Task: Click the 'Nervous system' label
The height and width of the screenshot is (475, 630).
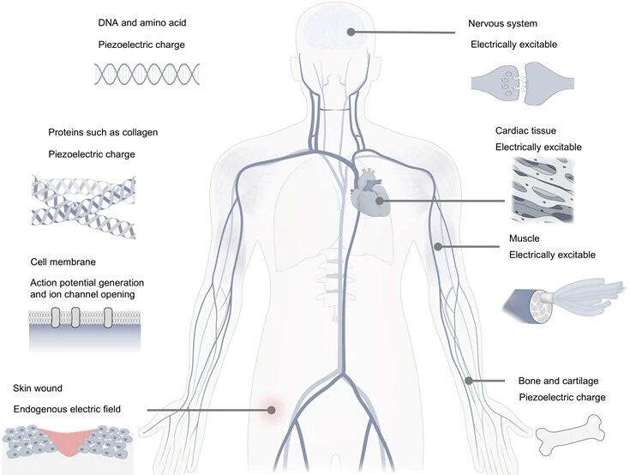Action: click(502, 24)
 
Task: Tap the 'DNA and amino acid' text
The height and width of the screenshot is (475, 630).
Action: click(142, 22)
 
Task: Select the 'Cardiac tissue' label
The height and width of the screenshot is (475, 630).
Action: click(525, 130)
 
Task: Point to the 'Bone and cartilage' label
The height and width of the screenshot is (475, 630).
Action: click(559, 381)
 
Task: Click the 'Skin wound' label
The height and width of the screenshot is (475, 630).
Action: click(38, 388)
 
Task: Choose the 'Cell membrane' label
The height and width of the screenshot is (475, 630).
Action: click(63, 262)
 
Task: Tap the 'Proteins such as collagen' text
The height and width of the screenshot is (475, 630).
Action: click(103, 133)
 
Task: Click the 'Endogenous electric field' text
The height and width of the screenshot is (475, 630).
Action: click(67, 409)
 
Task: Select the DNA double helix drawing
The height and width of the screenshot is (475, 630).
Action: click(147, 74)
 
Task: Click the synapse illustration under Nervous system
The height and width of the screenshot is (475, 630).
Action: click(522, 83)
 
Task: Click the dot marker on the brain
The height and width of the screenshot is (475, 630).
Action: click(351, 32)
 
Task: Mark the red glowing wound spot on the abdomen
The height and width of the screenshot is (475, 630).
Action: click(271, 410)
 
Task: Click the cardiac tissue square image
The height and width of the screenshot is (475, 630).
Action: click(543, 189)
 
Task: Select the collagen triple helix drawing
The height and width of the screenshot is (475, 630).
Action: click(84, 207)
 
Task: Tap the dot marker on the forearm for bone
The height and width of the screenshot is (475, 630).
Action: click(469, 380)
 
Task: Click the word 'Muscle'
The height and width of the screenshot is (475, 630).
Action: click(524, 238)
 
